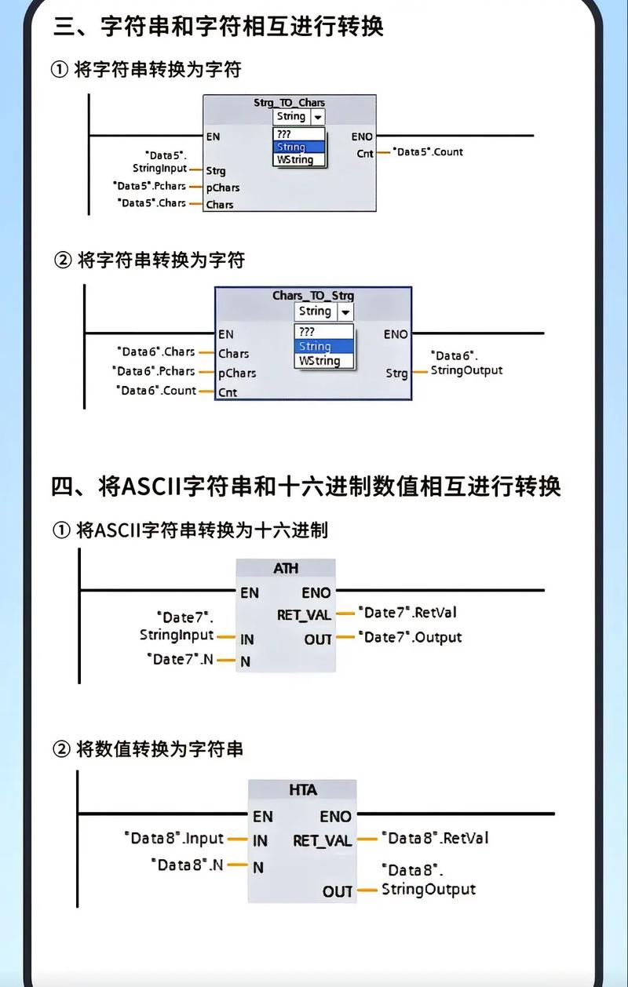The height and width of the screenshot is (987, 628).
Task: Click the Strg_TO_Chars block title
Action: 289,103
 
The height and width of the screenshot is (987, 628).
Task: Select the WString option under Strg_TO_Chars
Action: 294,160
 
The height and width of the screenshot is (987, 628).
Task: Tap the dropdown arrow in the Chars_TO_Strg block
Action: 345,311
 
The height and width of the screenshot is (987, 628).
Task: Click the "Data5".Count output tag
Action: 429,151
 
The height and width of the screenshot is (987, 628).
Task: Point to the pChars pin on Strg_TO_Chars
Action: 222,188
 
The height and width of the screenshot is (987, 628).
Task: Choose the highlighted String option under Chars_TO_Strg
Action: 315,346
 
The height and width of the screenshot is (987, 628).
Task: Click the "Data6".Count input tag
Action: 156,391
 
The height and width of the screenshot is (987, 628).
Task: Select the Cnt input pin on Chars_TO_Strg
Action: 228,392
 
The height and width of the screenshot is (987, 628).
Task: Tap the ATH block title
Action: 286,568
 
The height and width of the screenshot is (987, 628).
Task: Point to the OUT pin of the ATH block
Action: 318,639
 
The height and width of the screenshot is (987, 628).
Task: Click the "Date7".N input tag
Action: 180,659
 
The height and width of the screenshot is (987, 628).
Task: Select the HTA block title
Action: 302,790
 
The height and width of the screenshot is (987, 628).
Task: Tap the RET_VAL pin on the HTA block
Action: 322,840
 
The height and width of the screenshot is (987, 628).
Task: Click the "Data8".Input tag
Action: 173,839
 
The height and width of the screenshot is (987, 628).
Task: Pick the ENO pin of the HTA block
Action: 335,816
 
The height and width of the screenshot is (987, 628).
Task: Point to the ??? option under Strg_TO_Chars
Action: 284,134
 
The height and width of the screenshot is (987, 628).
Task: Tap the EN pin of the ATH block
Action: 249,593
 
